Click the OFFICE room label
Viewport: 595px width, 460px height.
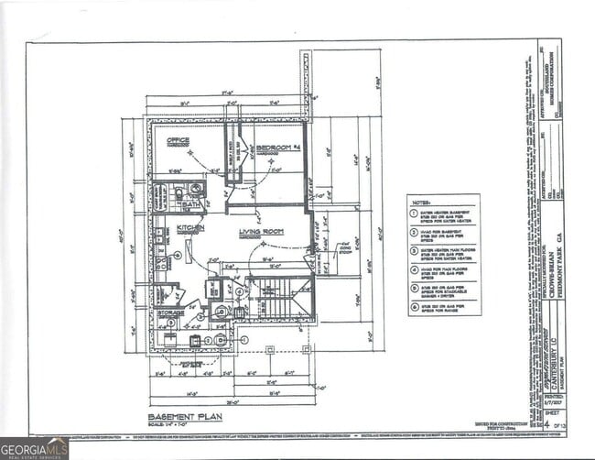(x=178, y=140)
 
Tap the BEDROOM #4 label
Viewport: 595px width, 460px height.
(x=278, y=148)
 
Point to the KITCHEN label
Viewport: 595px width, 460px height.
(x=190, y=227)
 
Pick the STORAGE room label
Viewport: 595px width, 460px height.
(x=170, y=312)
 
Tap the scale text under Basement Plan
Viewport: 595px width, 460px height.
(x=173, y=424)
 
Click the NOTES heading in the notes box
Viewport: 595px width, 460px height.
(x=421, y=203)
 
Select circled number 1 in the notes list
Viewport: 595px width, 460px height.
(x=415, y=214)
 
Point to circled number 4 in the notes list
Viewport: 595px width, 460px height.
(x=415, y=269)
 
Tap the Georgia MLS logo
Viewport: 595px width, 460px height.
(x=34, y=448)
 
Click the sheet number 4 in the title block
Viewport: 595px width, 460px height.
(x=547, y=423)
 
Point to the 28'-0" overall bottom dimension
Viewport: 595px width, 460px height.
(x=232, y=400)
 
